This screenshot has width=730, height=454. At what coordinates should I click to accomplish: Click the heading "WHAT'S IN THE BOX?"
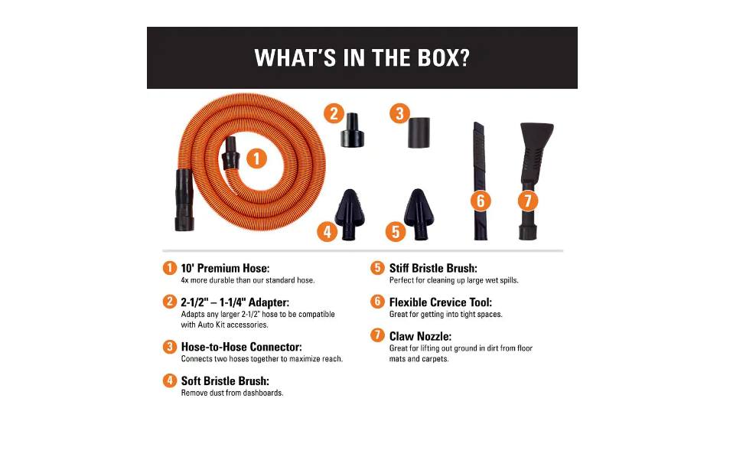click(x=361, y=58)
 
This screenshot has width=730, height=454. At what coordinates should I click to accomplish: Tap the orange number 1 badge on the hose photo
click(x=256, y=158)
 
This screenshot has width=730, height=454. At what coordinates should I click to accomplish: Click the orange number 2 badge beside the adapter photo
click(x=333, y=114)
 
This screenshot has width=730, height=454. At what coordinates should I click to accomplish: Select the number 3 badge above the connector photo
click(x=399, y=114)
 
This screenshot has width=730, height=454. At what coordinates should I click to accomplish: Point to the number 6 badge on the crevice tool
click(x=481, y=201)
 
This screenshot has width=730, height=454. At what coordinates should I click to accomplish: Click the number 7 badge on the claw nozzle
click(x=527, y=201)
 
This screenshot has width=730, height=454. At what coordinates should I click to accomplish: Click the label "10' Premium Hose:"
click(x=225, y=269)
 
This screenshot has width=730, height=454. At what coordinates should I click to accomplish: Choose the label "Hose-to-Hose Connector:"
click(x=241, y=347)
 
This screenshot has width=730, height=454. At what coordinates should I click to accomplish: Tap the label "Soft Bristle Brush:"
click(x=225, y=381)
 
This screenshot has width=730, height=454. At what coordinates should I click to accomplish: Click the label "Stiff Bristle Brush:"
click(x=433, y=269)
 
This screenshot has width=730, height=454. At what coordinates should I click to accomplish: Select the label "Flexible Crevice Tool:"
click(x=440, y=302)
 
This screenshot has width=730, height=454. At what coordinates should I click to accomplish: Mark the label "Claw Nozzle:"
click(x=420, y=336)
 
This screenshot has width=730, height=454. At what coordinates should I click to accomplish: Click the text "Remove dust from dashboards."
click(x=232, y=394)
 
